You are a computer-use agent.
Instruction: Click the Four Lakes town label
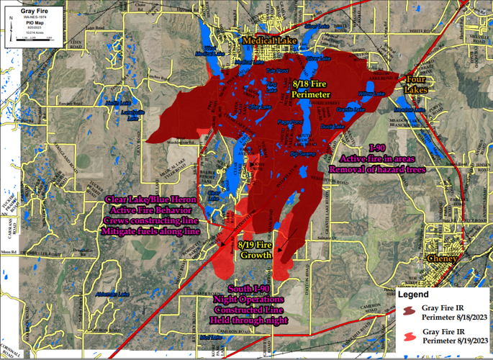[x=415, y=85]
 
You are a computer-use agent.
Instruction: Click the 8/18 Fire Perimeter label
[x=311, y=89]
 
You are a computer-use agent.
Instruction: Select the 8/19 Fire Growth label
[x=255, y=250]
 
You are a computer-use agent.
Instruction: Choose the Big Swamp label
[x=302, y=153]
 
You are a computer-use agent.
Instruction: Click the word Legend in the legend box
[x=414, y=294]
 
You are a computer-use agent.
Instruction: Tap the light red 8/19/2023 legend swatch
[x=408, y=336]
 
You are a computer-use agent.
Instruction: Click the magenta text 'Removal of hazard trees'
[x=377, y=169]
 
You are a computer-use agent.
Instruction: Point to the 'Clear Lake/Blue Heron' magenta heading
[x=150, y=199]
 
